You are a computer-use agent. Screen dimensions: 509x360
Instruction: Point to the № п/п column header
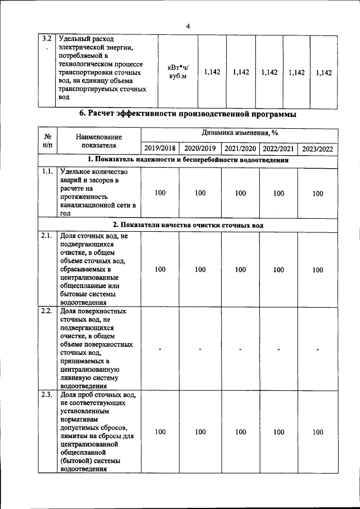click(48, 141)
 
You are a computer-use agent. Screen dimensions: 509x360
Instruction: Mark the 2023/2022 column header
click(318, 148)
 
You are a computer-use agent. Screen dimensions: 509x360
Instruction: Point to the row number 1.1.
click(48, 172)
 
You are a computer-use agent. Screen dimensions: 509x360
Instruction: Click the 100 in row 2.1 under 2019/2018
click(160, 269)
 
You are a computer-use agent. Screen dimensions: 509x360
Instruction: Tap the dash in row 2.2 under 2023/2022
click(318, 349)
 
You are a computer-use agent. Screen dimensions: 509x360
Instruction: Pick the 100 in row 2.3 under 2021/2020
click(240, 432)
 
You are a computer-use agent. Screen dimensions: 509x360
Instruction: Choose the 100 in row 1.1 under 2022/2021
click(278, 193)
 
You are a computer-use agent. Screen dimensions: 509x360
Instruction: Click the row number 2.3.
click(48, 395)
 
